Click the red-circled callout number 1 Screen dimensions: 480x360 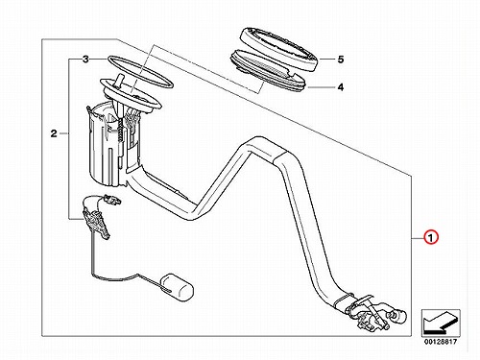430,238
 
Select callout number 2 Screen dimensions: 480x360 54,133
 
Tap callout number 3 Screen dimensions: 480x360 85,60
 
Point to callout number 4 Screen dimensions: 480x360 341,87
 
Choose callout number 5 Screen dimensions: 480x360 341,60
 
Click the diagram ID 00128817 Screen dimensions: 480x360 441,342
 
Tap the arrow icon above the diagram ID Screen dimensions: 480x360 441,324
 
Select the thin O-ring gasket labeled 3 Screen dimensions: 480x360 140,72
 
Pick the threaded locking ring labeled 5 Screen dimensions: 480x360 278,49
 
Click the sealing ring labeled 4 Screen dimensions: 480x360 268,72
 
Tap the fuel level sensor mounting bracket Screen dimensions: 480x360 96,221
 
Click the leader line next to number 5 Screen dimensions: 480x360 325,60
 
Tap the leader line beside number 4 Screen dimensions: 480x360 321,87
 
